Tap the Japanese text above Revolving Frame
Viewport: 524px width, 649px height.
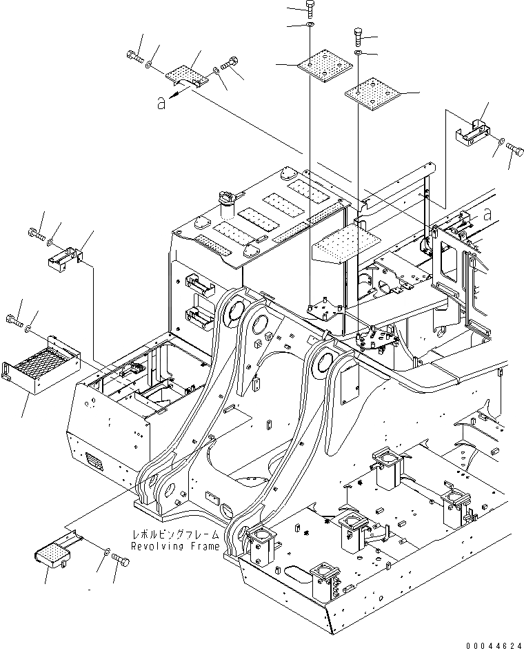[178, 534]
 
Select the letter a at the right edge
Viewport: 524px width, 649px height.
[487, 215]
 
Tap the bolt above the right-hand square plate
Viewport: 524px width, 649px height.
[359, 35]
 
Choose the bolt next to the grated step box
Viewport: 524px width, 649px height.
[13, 319]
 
